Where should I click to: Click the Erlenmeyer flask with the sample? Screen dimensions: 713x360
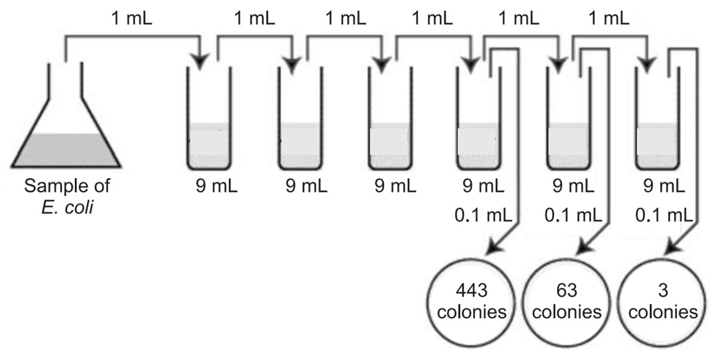coord(67,138)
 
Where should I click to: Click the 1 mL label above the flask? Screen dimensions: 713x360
coord(133,18)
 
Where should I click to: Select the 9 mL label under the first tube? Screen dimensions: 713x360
coord(216,185)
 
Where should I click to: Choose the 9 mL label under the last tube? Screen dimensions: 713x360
coord(665,185)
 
